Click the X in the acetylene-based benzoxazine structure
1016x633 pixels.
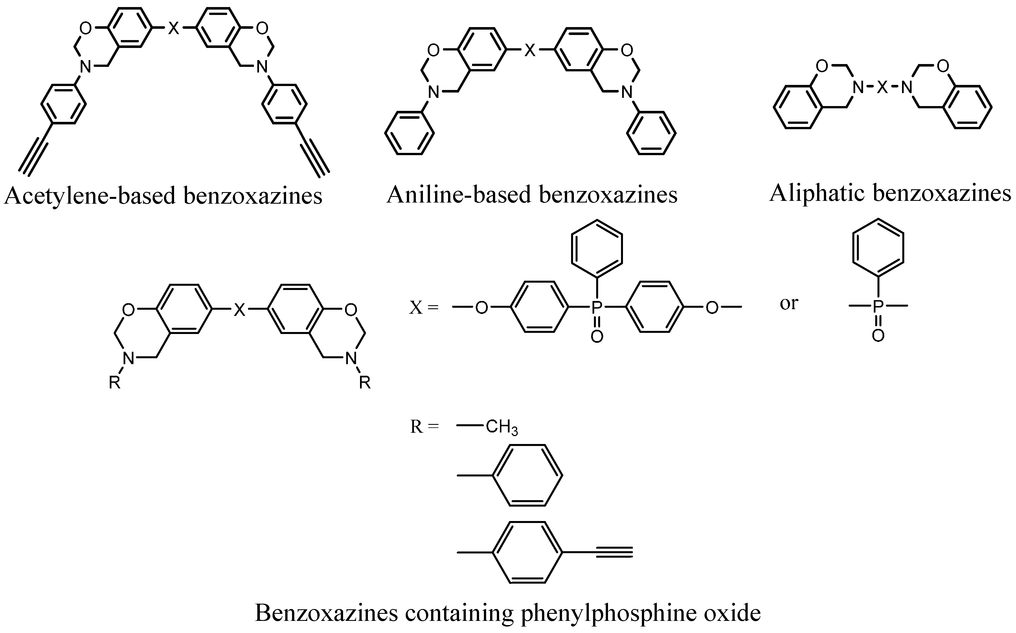(173, 28)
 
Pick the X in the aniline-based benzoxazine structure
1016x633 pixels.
(530, 51)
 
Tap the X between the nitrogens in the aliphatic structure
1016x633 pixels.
(882, 87)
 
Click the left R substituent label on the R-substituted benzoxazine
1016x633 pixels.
(115, 382)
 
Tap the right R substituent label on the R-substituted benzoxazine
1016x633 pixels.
(365, 382)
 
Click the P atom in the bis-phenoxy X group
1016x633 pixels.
(596, 308)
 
